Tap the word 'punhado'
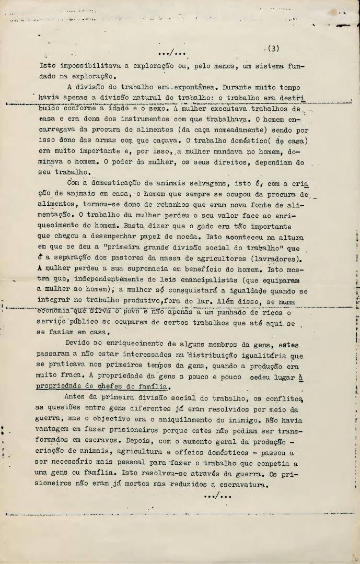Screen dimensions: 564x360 click(227, 313)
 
